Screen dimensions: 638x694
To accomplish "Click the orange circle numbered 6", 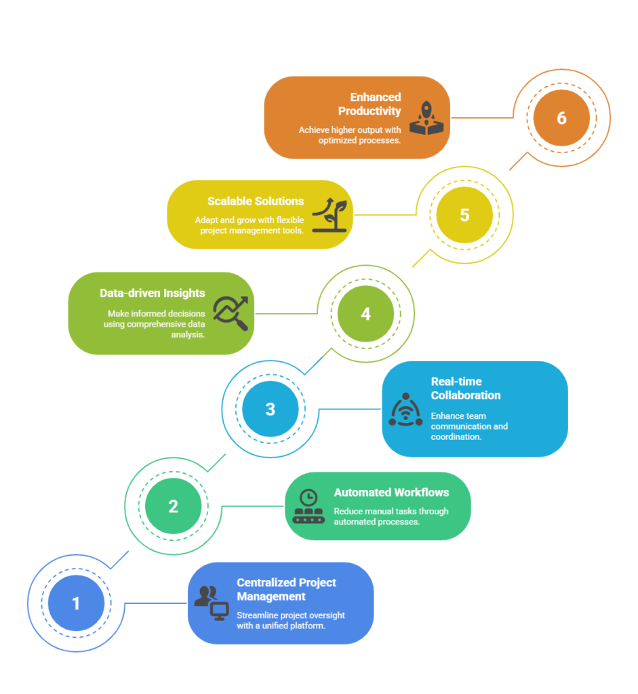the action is tap(561, 118).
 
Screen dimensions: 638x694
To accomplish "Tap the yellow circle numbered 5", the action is tap(464, 215).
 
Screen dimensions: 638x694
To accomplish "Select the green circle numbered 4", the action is tap(365, 313).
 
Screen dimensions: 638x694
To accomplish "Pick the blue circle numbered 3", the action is tap(271, 409).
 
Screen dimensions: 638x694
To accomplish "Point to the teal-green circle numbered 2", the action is tap(174, 506).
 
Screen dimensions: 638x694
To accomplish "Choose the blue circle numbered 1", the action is tap(76, 603).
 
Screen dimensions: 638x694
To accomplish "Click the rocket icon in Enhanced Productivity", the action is tap(426, 118).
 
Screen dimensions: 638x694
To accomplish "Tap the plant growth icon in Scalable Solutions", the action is tap(330, 215).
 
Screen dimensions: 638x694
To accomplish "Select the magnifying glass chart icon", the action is tap(231, 313).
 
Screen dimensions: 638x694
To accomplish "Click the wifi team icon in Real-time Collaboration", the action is tap(405, 409).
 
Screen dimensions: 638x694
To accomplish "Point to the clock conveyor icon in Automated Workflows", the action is tap(308, 506).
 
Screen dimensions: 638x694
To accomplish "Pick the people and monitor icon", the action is tap(212, 603).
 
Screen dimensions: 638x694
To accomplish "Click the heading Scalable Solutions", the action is tap(256, 201).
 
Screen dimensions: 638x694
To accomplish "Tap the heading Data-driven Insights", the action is tap(153, 293).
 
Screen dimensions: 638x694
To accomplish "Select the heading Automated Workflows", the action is tap(391, 493).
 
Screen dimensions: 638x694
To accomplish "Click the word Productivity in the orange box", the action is tap(370, 111).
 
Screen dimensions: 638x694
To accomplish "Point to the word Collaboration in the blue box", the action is tap(466, 395).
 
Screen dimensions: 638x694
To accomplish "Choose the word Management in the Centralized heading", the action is tap(271, 596).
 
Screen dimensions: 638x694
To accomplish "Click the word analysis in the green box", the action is tap(188, 335).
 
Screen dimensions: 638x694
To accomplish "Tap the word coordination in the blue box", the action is tap(456, 437).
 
